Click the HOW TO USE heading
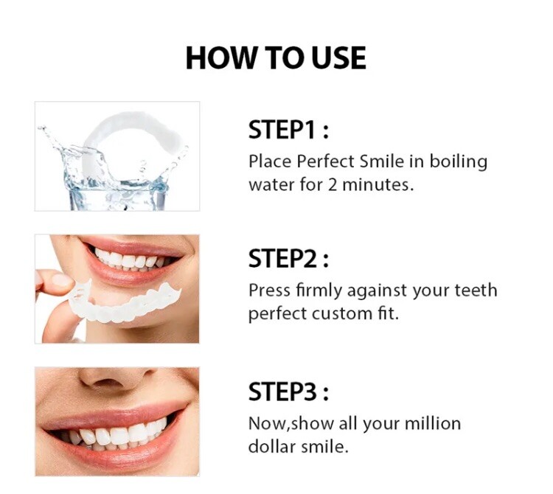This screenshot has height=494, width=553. pyautogui.click(x=276, y=58)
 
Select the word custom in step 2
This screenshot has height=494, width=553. pyautogui.click(x=338, y=313)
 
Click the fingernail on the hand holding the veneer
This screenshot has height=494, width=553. pyautogui.click(x=60, y=281)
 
